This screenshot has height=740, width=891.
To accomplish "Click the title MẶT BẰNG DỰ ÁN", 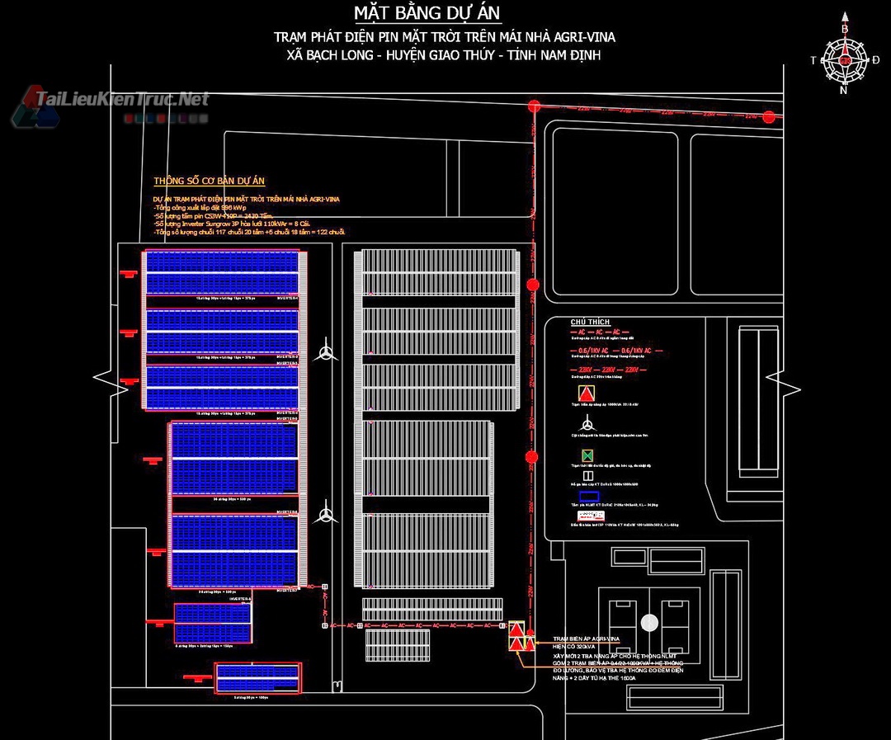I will coord(427,14).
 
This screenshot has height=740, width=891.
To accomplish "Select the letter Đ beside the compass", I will coord(875,60).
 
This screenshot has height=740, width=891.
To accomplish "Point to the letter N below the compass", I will coord(843,91).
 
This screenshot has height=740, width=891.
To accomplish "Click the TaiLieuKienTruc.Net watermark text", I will coord(122,99).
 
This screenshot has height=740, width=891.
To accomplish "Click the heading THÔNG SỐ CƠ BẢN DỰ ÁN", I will coord(209,181).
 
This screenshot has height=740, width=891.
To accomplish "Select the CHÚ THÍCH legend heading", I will coord(590,322).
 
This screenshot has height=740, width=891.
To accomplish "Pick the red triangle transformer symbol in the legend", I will coord(587,393).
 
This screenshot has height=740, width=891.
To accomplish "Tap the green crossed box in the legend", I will coord(587,455).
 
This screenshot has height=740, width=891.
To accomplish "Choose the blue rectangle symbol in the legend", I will coord(588,497).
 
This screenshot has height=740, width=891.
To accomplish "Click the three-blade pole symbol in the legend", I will coord(587,424).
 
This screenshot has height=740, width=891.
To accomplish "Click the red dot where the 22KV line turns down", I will coord(534,106).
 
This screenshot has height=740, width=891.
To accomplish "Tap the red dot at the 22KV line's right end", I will coord(769,117).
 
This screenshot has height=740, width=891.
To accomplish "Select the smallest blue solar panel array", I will coord(257,677).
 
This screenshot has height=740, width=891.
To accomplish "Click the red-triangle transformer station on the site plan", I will coord(516,638).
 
